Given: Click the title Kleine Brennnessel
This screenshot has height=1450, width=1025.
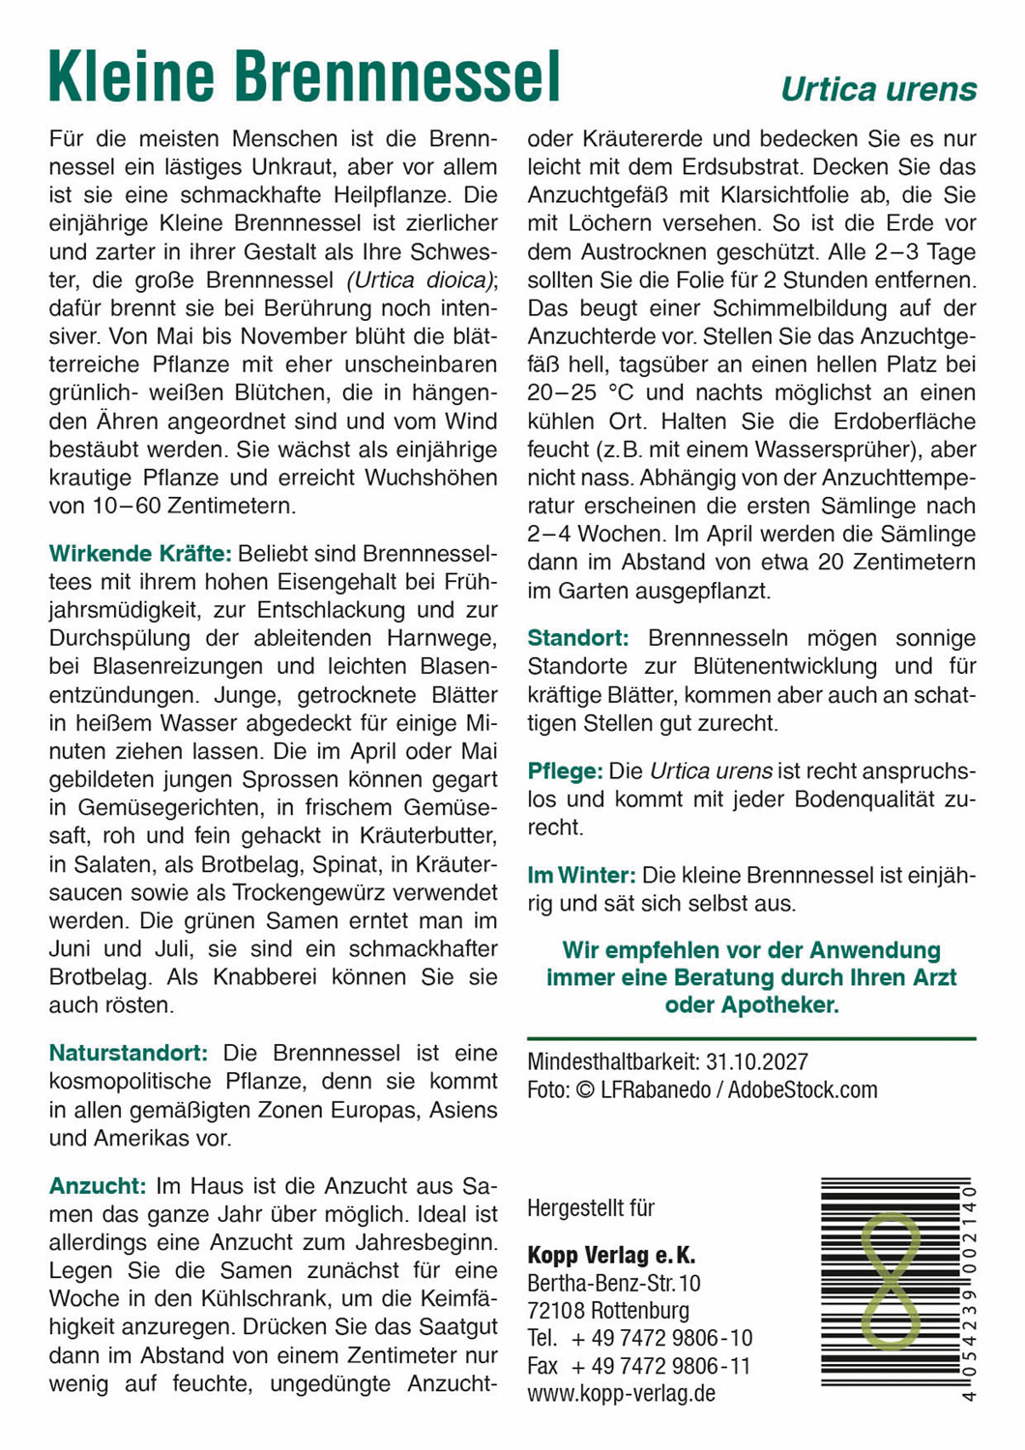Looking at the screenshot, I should (x=304, y=77).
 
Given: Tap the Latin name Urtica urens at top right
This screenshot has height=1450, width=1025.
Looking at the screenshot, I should (x=878, y=90).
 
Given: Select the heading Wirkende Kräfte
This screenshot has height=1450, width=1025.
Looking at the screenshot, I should (x=140, y=554).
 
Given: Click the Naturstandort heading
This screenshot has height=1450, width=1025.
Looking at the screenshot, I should (x=129, y=1053).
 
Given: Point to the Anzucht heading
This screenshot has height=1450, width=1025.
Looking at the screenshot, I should (x=98, y=1186).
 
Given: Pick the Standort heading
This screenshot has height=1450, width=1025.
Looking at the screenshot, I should (x=577, y=638).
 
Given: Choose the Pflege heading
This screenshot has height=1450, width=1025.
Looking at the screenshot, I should (x=565, y=771).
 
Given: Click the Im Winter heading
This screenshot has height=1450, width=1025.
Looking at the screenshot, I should (x=581, y=876).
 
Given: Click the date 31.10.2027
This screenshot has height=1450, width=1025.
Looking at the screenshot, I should (x=756, y=1061).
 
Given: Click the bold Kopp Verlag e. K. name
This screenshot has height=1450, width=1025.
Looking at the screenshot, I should (x=611, y=1256).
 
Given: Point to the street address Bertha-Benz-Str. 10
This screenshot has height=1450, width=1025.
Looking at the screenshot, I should (x=614, y=1284).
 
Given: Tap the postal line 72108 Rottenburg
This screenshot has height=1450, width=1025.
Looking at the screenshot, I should (x=608, y=1312).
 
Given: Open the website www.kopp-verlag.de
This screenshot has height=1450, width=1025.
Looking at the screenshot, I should (x=621, y=1394).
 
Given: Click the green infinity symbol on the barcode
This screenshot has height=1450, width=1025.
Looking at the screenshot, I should (x=890, y=1282).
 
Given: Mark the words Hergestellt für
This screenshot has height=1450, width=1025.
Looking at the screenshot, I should (x=591, y=1208).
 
